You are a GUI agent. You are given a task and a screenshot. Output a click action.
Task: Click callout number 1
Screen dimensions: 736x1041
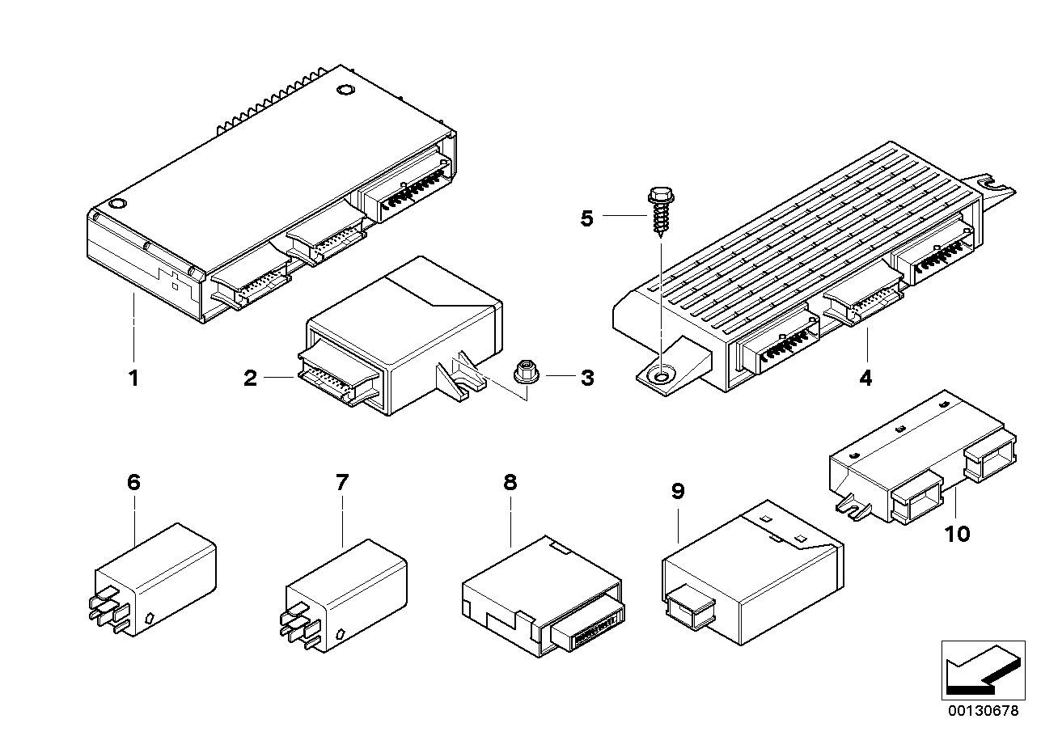(x=134, y=378)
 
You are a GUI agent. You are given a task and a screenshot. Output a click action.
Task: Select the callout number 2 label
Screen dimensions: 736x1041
(x=251, y=378)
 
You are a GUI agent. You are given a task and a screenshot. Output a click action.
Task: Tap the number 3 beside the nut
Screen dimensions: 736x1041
(x=586, y=377)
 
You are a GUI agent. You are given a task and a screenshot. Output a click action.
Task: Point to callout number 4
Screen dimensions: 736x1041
(x=865, y=378)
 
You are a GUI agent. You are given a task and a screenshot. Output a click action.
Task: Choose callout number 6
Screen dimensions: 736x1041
(x=133, y=483)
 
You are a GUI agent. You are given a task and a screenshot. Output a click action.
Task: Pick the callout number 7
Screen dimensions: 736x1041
(x=341, y=483)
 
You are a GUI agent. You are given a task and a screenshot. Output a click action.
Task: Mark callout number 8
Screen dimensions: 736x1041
(x=510, y=483)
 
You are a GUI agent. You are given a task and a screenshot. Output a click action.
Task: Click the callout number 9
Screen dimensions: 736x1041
(x=678, y=490)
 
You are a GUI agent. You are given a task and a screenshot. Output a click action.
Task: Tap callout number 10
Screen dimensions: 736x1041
(x=957, y=534)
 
